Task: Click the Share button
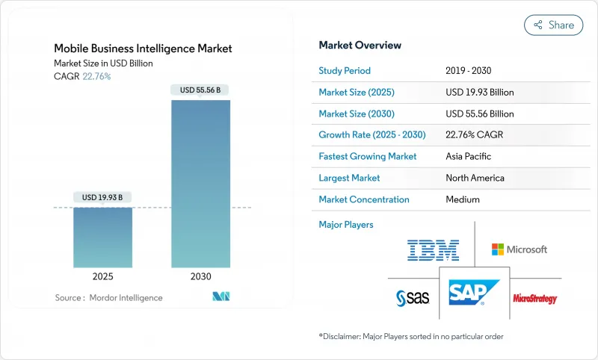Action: point(553,25)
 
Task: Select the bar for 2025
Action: point(103,238)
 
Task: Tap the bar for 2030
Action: point(201,183)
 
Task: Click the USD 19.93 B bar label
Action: point(103,197)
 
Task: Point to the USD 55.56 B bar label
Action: point(201,90)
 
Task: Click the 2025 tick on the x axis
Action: point(103,276)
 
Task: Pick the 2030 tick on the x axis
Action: point(201,276)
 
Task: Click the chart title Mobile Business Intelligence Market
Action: point(143,49)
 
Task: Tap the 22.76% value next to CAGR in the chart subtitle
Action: point(96,76)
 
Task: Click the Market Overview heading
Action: point(360,46)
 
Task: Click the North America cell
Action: point(474,179)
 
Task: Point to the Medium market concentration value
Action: point(463,199)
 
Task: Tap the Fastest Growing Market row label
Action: point(367,157)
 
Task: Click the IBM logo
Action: point(433,249)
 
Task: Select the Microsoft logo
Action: point(519,249)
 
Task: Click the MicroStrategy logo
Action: point(534,299)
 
